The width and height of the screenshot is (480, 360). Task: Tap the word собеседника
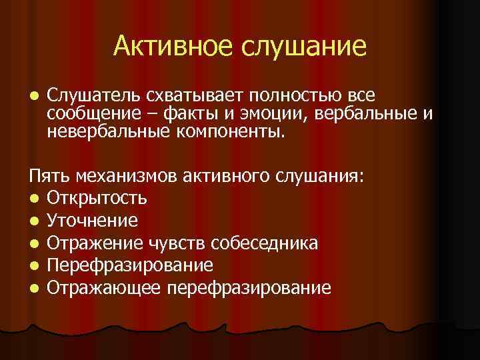tap(271, 243)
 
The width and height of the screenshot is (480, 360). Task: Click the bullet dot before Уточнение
tap(33, 221)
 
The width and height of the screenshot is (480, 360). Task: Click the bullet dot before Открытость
tap(33, 199)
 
